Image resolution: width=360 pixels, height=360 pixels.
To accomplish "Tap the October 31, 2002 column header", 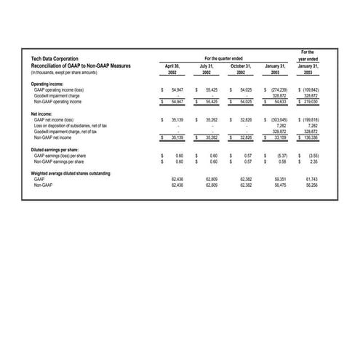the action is click(240, 69).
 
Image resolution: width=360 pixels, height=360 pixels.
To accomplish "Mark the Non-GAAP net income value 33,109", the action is click(278, 136).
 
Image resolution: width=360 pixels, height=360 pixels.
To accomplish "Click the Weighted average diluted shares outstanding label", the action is click(71, 173).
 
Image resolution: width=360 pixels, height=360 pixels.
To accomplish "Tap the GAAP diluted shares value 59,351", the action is click(280, 179).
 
